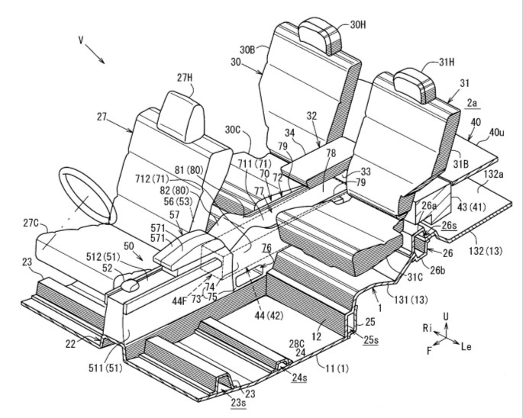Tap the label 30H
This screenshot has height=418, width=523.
[x=358, y=24]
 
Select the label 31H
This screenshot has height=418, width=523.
[x=446, y=62]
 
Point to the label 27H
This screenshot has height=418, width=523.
[x=185, y=78]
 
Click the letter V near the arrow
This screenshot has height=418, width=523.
[x=81, y=40]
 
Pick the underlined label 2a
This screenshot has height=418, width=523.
[x=472, y=103]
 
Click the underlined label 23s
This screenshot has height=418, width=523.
[x=238, y=403]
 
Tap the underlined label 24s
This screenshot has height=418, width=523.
[x=299, y=378]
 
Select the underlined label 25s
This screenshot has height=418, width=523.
[x=371, y=340]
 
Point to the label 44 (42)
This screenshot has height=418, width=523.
[x=269, y=315]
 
